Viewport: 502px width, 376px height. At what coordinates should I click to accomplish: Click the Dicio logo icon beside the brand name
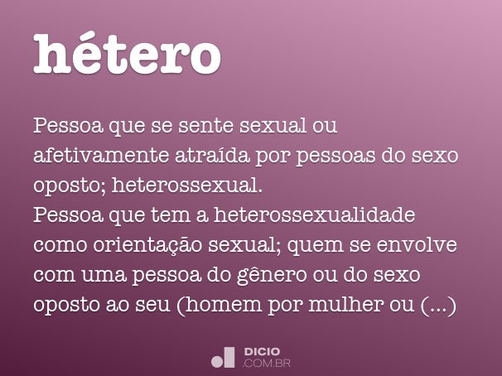[x=224, y=357]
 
